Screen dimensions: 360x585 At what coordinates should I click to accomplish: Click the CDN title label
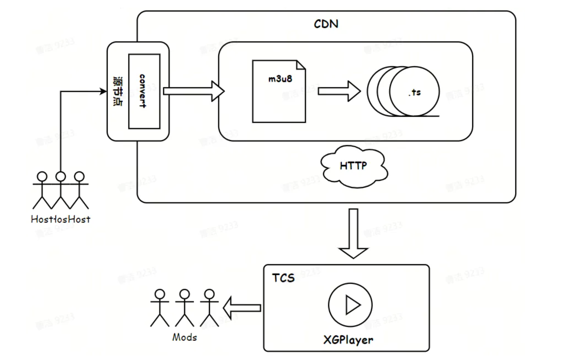point(326,24)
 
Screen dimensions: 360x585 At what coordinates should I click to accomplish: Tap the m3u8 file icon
point(279,91)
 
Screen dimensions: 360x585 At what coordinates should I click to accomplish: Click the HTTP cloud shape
point(353,166)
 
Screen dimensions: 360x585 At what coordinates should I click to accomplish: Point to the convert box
point(144,91)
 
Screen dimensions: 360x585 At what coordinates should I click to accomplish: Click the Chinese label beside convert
point(118,91)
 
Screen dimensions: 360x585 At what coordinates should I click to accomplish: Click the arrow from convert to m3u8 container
point(193,91)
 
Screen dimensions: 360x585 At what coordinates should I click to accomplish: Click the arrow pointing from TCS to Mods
point(242,308)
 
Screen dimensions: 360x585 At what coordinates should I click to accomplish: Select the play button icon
point(350,305)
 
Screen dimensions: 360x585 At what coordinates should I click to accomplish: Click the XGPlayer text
point(348,340)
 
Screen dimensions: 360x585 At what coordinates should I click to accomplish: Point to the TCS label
point(283,278)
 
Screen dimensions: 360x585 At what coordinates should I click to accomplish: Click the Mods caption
point(184,337)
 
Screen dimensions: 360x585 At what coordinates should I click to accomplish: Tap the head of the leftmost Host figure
point(42,177)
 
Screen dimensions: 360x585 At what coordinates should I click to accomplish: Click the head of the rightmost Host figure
point(79,177)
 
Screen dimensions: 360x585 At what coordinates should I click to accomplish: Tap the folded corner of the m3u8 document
point(301,65)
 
